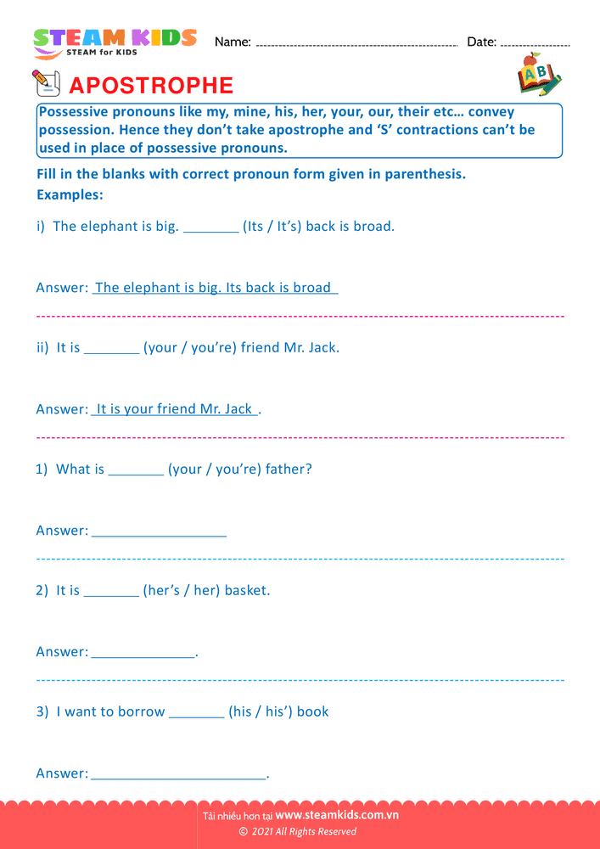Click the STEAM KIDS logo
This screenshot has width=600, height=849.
click(x=115, y=42)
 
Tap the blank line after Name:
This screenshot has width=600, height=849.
click(x=356, y=43)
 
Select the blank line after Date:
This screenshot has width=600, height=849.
click(x=535, y=43)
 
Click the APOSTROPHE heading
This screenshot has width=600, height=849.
click(x=150, y=86)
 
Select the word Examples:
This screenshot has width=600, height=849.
click(x=70, y=195)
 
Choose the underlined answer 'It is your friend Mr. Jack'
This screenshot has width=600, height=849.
click(x=174, y=409)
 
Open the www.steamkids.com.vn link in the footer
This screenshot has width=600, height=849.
click(x=337, y=816)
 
